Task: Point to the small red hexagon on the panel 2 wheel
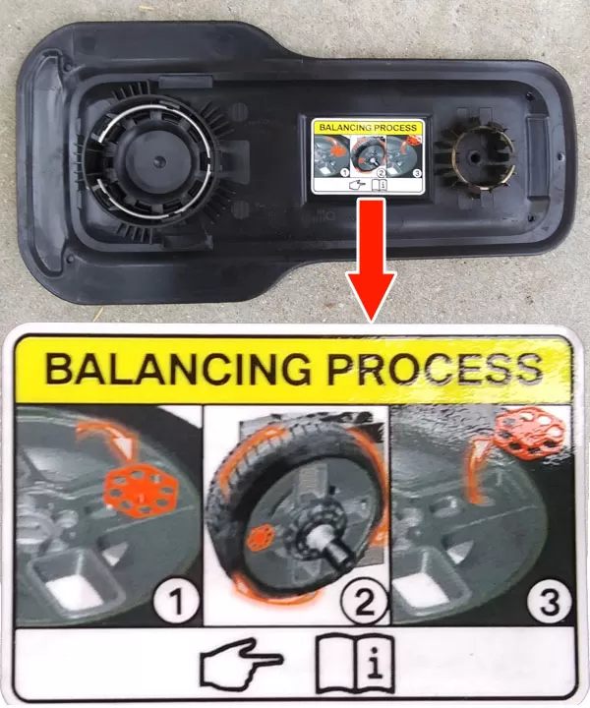click(x=263, y=538)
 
